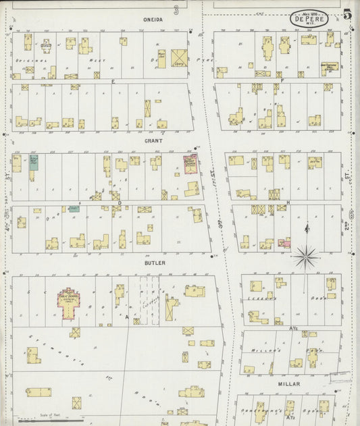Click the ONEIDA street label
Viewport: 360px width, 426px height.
[153, 20]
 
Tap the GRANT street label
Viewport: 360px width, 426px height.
[153, 142]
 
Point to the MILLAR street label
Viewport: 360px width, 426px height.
[288, 383]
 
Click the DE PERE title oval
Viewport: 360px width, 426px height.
[310, 19]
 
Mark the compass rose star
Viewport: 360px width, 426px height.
[307, 255]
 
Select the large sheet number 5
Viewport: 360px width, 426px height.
[346, 13]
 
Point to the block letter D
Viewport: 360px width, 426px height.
[120, 203]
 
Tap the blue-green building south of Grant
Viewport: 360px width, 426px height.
[33, 163]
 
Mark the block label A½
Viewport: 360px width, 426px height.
[294, 328]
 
